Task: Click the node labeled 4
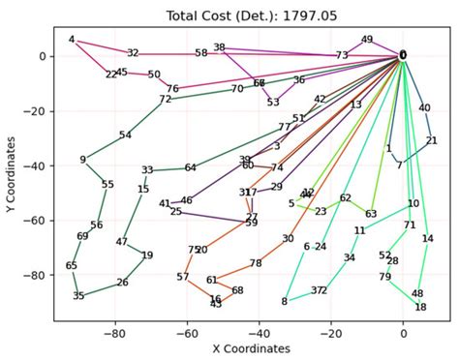72,40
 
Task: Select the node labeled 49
367,40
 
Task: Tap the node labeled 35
78,296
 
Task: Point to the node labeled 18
420,308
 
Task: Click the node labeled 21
431,141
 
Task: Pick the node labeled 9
83,161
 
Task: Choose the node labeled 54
125,135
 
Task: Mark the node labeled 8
284,302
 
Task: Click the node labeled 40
424,108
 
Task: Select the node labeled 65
72,266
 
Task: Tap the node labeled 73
342,56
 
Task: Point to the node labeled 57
183,278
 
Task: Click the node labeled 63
371,214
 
